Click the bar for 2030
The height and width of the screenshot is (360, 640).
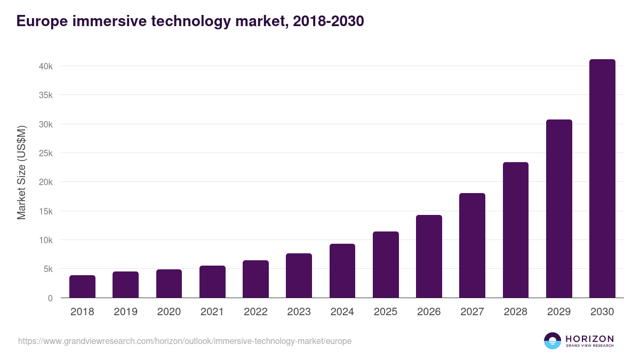click(x=602, y=179)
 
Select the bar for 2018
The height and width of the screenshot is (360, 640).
click(x=82, y=286)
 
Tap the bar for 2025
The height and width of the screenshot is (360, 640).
click(x=386, y=265)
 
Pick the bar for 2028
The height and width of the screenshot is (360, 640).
click(x=516, y=230)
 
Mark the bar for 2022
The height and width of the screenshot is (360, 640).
click(x=255, y=279)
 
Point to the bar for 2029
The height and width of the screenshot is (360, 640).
click(x=559, y=209)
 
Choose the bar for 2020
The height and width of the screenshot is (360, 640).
click(x=169, y=283)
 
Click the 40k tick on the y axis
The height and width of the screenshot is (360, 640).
click(x=45, y=66)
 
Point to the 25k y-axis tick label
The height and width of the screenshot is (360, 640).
click(x=45, y=153)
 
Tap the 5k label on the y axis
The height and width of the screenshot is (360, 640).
click(x=47, y=269)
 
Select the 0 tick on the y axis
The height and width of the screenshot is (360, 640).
click(x=50, y=298)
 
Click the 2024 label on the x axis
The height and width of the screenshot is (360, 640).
click(x=342, y=312)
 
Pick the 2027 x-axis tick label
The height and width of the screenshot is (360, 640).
click(x=473, y=312)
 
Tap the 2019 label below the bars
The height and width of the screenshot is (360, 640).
click(x=126, y=312)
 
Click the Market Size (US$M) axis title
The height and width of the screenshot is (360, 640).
click(x=21, y=173)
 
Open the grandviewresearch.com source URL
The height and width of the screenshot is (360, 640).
click(x=185, y=341)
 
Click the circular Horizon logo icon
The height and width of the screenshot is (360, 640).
click(x=553, y=341)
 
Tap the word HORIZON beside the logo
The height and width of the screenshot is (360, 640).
click(x=589, y=338)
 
